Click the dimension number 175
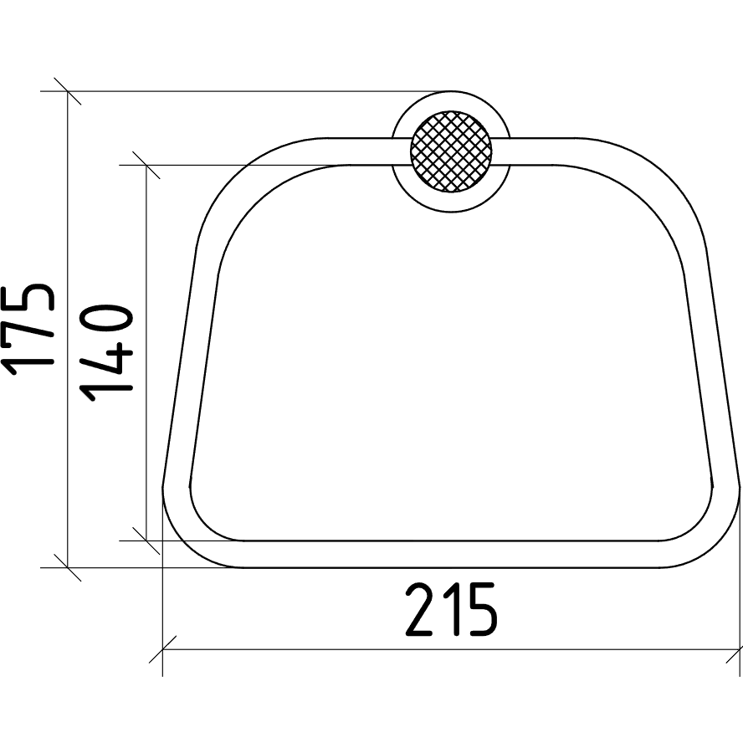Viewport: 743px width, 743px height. pyautogui.click(x=28, y=330)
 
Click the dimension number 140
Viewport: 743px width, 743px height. pyautogui.click(x=105, y=354)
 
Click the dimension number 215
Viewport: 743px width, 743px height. pyautogui.click(x=452, y=609)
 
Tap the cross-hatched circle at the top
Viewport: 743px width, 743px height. pyautogui.click(x=451, y=151)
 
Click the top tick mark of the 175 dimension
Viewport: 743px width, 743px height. pyautogui.click(x=67, y=91)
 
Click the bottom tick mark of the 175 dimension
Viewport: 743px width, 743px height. pyautogui.click(x=67, y=567)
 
